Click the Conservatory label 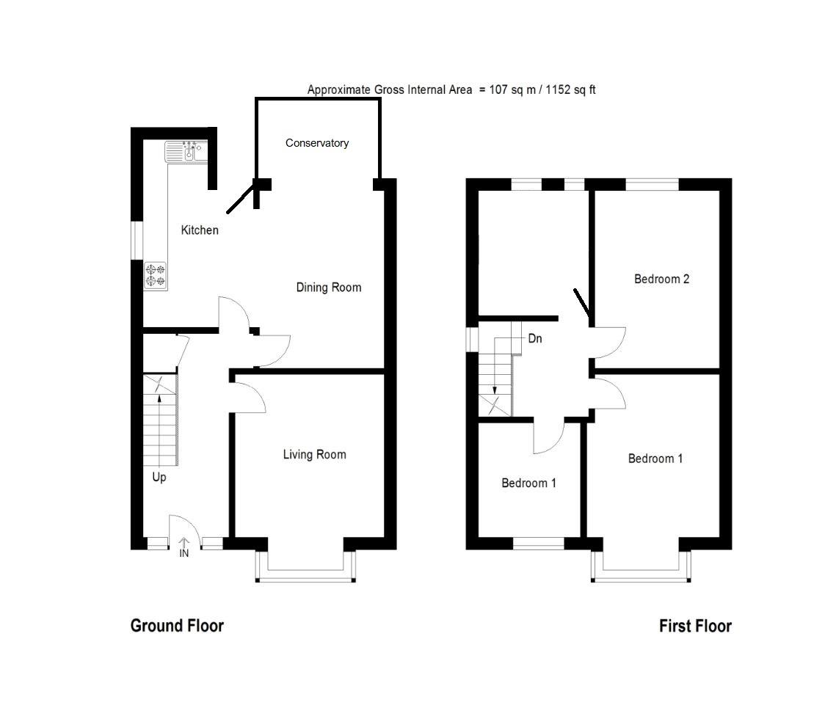(316, 143)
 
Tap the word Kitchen (200, 230)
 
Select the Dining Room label (328, 288)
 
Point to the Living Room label (314, 455)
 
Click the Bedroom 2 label (661, 279)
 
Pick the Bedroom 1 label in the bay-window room (655, 459)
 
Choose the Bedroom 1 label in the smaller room (528, 483)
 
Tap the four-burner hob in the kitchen (155, 275)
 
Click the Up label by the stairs (159, 478)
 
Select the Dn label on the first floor (535, 340)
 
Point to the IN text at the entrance (184, 553)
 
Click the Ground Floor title (177, 626)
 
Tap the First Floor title (694, 626)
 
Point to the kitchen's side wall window (137, 239)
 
